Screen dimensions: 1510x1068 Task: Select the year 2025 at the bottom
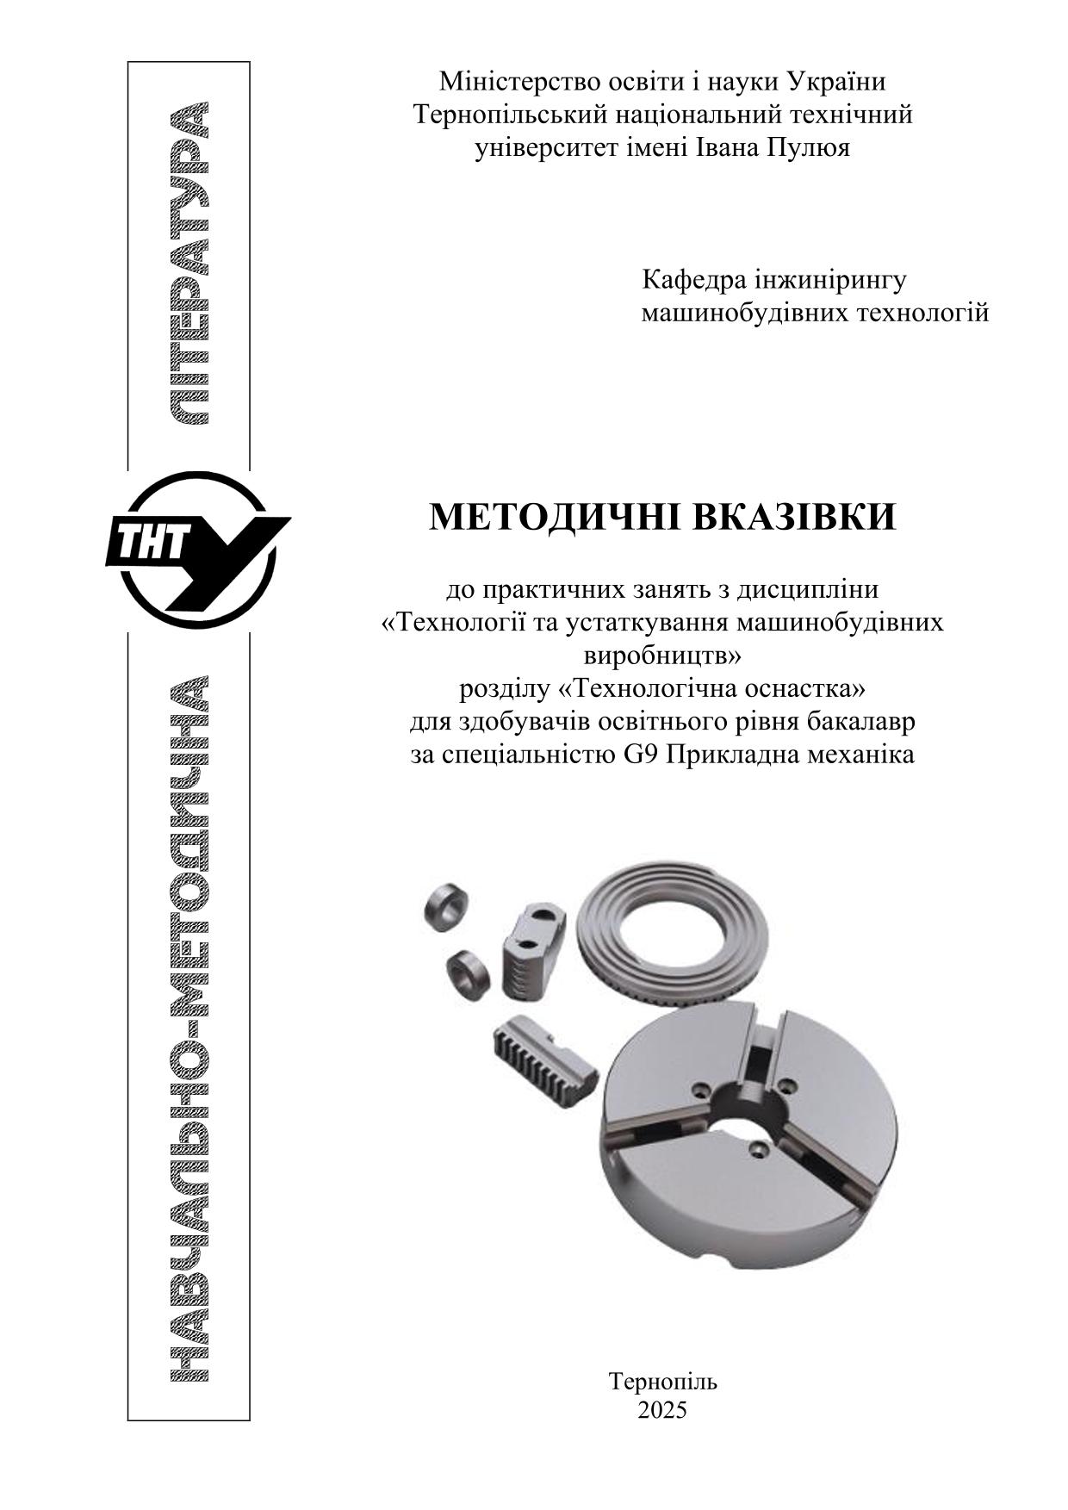[662, 1409]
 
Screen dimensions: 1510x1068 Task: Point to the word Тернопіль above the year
[662, 1382]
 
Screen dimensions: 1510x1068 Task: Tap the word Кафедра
[692, 280]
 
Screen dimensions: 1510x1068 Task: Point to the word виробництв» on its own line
[662, 656]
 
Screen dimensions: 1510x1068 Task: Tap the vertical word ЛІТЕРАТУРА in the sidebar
[189, 263]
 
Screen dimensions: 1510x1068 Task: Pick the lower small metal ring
[469, 974]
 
